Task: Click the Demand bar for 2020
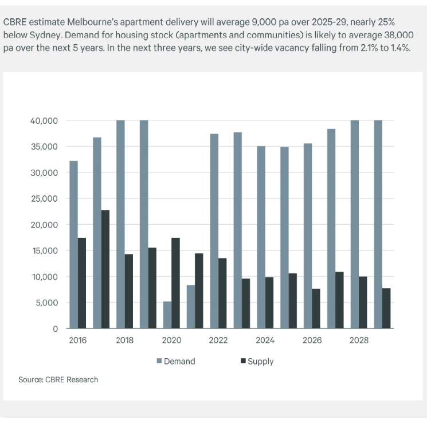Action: click(x=167, y=315)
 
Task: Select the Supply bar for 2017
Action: click(x=105, y=269)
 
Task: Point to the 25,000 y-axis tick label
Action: click(x=44, y=198)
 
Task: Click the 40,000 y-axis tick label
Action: click(x=44, y=121)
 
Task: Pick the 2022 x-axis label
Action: click(x=218, y=340)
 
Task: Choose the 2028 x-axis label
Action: click(x=359, y=340)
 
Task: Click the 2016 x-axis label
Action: click(x=78, y=340)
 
